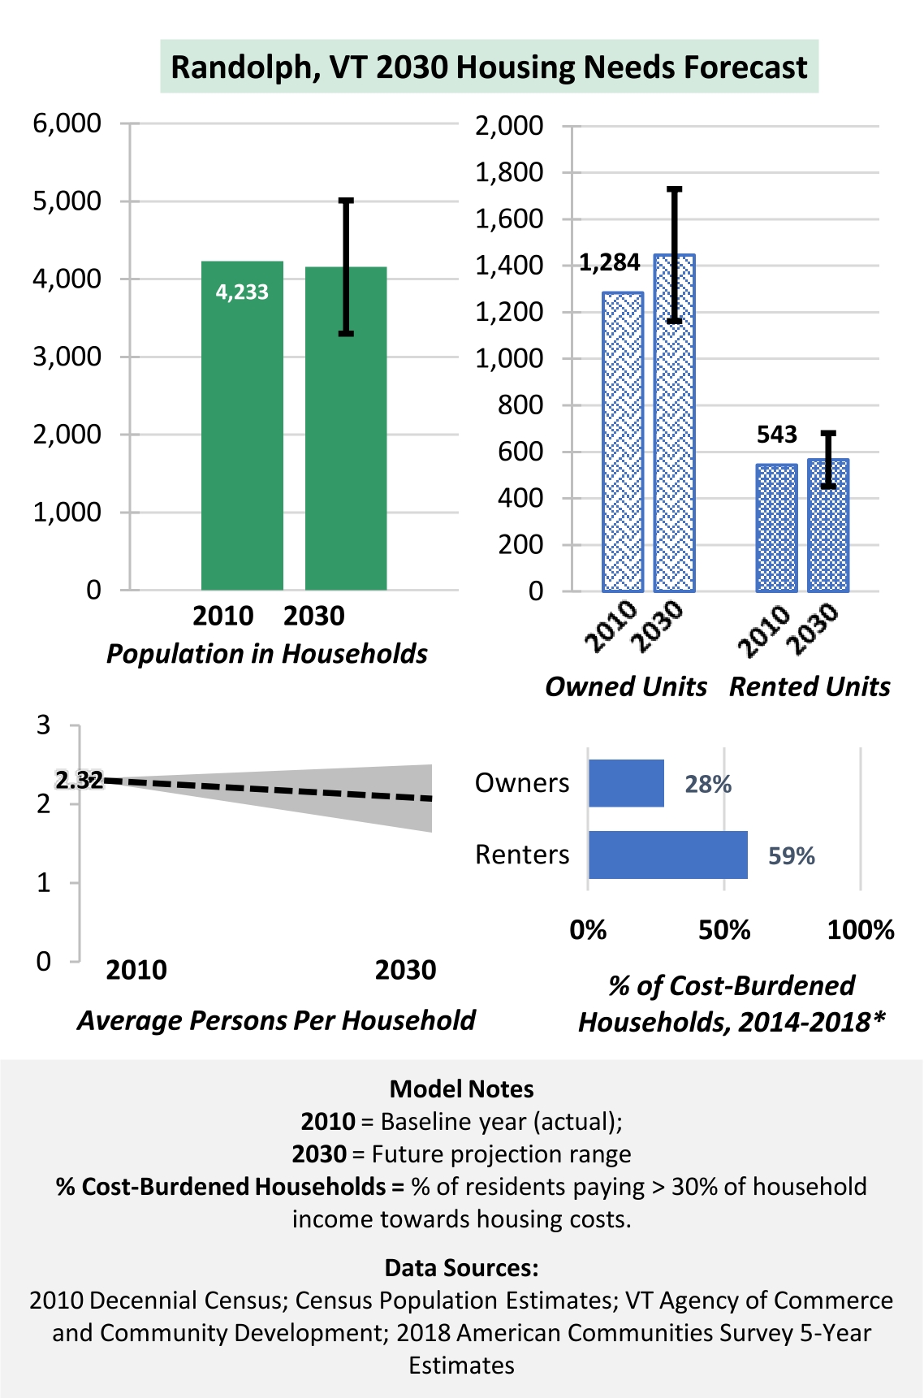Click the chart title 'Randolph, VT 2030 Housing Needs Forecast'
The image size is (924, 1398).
pos(489,67)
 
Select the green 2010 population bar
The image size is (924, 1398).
pos(242,426)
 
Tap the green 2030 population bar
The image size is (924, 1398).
pos(346,428)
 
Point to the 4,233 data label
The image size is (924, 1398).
pos(242,292)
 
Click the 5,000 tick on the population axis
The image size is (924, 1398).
pos(67,201)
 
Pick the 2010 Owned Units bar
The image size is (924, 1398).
pos(623,442)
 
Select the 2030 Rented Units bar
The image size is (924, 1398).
pos(828,526)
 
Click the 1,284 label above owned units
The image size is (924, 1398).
pos(610,262)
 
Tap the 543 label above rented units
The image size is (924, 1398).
pos(777,435)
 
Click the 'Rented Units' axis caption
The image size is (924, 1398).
pos(810,686)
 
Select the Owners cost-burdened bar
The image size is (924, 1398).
pos(626,783)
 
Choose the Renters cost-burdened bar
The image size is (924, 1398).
pos(668,855)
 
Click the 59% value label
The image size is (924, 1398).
pos(792,855)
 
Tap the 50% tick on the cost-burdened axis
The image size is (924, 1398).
pos(724,929)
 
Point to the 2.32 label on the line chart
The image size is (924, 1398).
pos(79,781)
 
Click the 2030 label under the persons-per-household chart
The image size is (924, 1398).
pos(405,970)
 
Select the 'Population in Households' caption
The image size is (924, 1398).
pos(267,654)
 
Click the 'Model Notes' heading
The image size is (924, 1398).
pos(462,1089)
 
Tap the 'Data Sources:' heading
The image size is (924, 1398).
pos(462,1267)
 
